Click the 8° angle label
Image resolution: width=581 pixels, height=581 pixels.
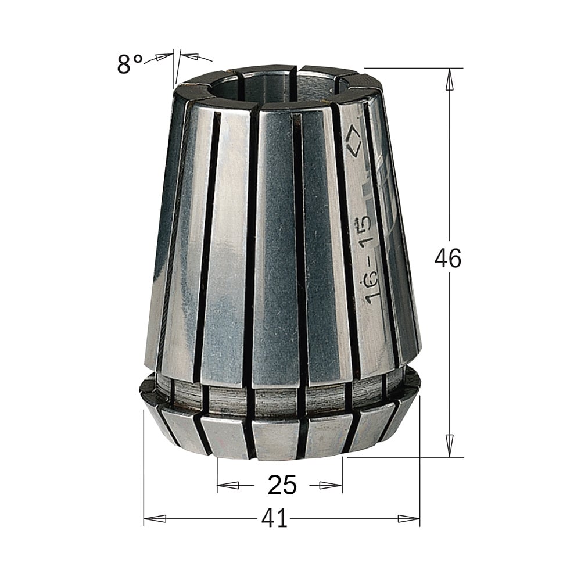[x=130, y=64]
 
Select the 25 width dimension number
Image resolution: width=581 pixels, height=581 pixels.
[x=282, y=485]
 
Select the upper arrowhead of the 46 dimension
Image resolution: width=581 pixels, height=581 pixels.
[x=450, y=80]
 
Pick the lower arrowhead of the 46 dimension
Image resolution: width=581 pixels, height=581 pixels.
[x=450, y=446]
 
